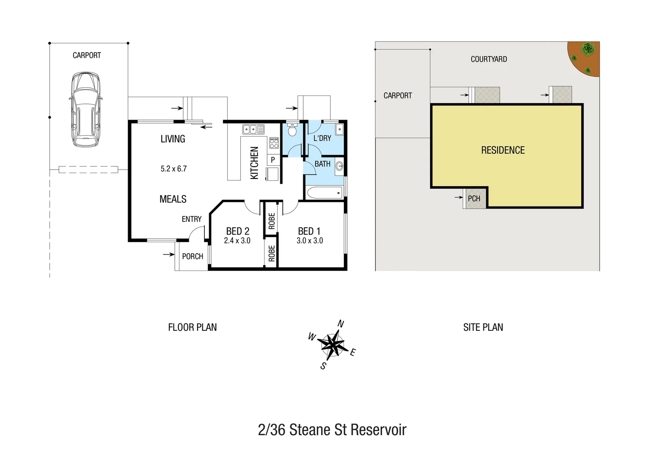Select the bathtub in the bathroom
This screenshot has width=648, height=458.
click(324, 193)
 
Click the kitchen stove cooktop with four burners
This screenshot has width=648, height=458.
click(274, 143)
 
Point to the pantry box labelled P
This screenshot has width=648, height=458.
click(273, 160)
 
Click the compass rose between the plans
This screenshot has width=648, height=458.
click(332, 344)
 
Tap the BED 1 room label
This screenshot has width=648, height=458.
click(309, 231)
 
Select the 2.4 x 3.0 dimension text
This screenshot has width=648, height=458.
click(237, 240)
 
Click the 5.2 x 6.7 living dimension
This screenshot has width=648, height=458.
click(173, 168)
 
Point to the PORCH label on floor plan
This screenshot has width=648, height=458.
click(193, 256)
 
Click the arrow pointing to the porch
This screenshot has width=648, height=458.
click(169, 254)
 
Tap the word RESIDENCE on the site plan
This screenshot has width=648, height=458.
click(503, 150)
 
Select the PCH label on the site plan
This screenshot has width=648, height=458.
click(474, 198)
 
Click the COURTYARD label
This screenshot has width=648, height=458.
click(489, 59)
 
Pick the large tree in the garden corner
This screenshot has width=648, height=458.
click(588, 49)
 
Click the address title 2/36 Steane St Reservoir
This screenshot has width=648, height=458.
click(332, 430)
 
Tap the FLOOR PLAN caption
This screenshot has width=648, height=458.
click(192, 327)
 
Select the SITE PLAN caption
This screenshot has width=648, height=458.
click(483, 327)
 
